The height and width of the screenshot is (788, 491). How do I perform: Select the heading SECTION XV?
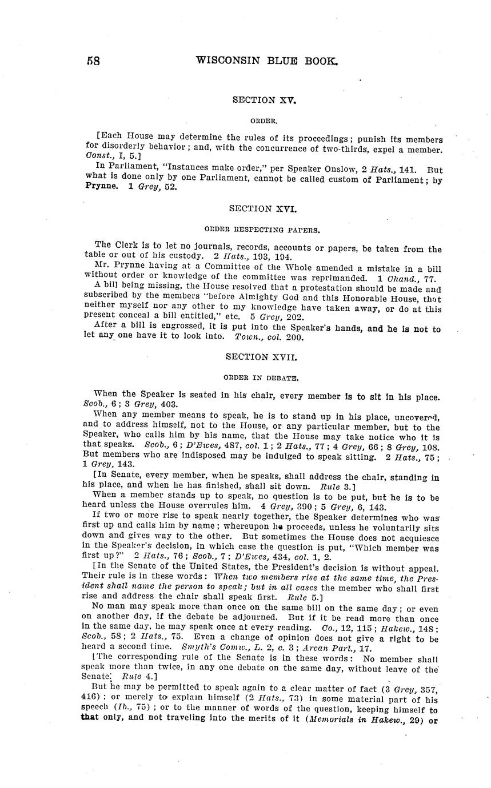pyautogui.click(x=264, y=100)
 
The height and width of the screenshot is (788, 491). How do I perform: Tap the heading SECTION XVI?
pyautogui.click(x=263, y=209)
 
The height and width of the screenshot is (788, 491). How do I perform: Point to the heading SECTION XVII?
pyautogui.click(x=263, y=357)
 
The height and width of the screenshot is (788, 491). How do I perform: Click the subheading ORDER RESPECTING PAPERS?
pyautogui.click(x=263, y=230)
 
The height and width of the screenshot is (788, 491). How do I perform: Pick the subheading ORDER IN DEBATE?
pyautogui.click(x=263, y=377)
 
